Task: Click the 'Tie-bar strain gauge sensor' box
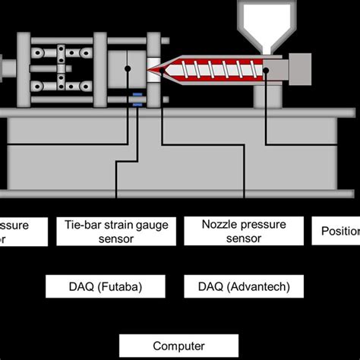coord(116,231)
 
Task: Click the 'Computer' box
coord(179,346)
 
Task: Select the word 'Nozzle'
coord(219,224)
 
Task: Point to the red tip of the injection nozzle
coord(157,69)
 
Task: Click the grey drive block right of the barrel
coord(302,68)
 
